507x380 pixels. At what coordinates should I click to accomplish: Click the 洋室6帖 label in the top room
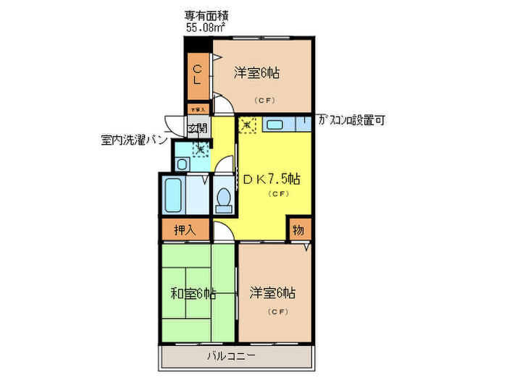click(257, 73)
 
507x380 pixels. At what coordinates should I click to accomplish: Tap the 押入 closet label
click(185, 231)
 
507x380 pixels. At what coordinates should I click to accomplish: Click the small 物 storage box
click(298, 231)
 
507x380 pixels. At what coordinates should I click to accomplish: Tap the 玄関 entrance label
click(197, 130)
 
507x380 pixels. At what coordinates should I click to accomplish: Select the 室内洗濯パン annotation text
click(134, 139)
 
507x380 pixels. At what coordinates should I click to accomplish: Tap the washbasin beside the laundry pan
click(182, 164)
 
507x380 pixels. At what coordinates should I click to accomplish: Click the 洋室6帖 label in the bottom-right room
click(272, 293)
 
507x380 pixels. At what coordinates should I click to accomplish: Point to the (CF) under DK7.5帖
click(279, 194)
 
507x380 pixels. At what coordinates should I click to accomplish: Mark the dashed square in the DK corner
click(248, 124)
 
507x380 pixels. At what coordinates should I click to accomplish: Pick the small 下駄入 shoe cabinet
click(198, 109)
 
